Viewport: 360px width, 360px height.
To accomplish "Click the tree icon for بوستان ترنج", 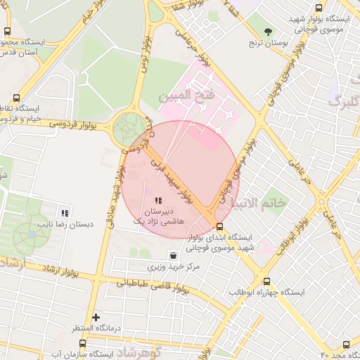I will pyautogui.click(x=269, y=31).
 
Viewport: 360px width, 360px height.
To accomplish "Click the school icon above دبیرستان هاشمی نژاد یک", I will pyautogui.click(x=157, y=201).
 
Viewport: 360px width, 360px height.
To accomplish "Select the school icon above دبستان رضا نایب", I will pyautogui.click(x=65, y=213).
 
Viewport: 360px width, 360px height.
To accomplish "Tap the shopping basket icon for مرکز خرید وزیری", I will pyautogui.click(x=173, y=255).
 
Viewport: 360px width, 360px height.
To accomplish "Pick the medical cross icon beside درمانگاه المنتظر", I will pyautogui.click(x=96, y=317).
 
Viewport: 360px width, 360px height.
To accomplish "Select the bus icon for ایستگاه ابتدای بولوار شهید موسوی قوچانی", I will pyautogui.click(x=220, y=226).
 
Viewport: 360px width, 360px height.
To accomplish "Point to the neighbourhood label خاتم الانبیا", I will pyautogui.click(x=264, y=203).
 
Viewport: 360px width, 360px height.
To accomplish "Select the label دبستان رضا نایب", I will pyautogui.click(x=65, y=226).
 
